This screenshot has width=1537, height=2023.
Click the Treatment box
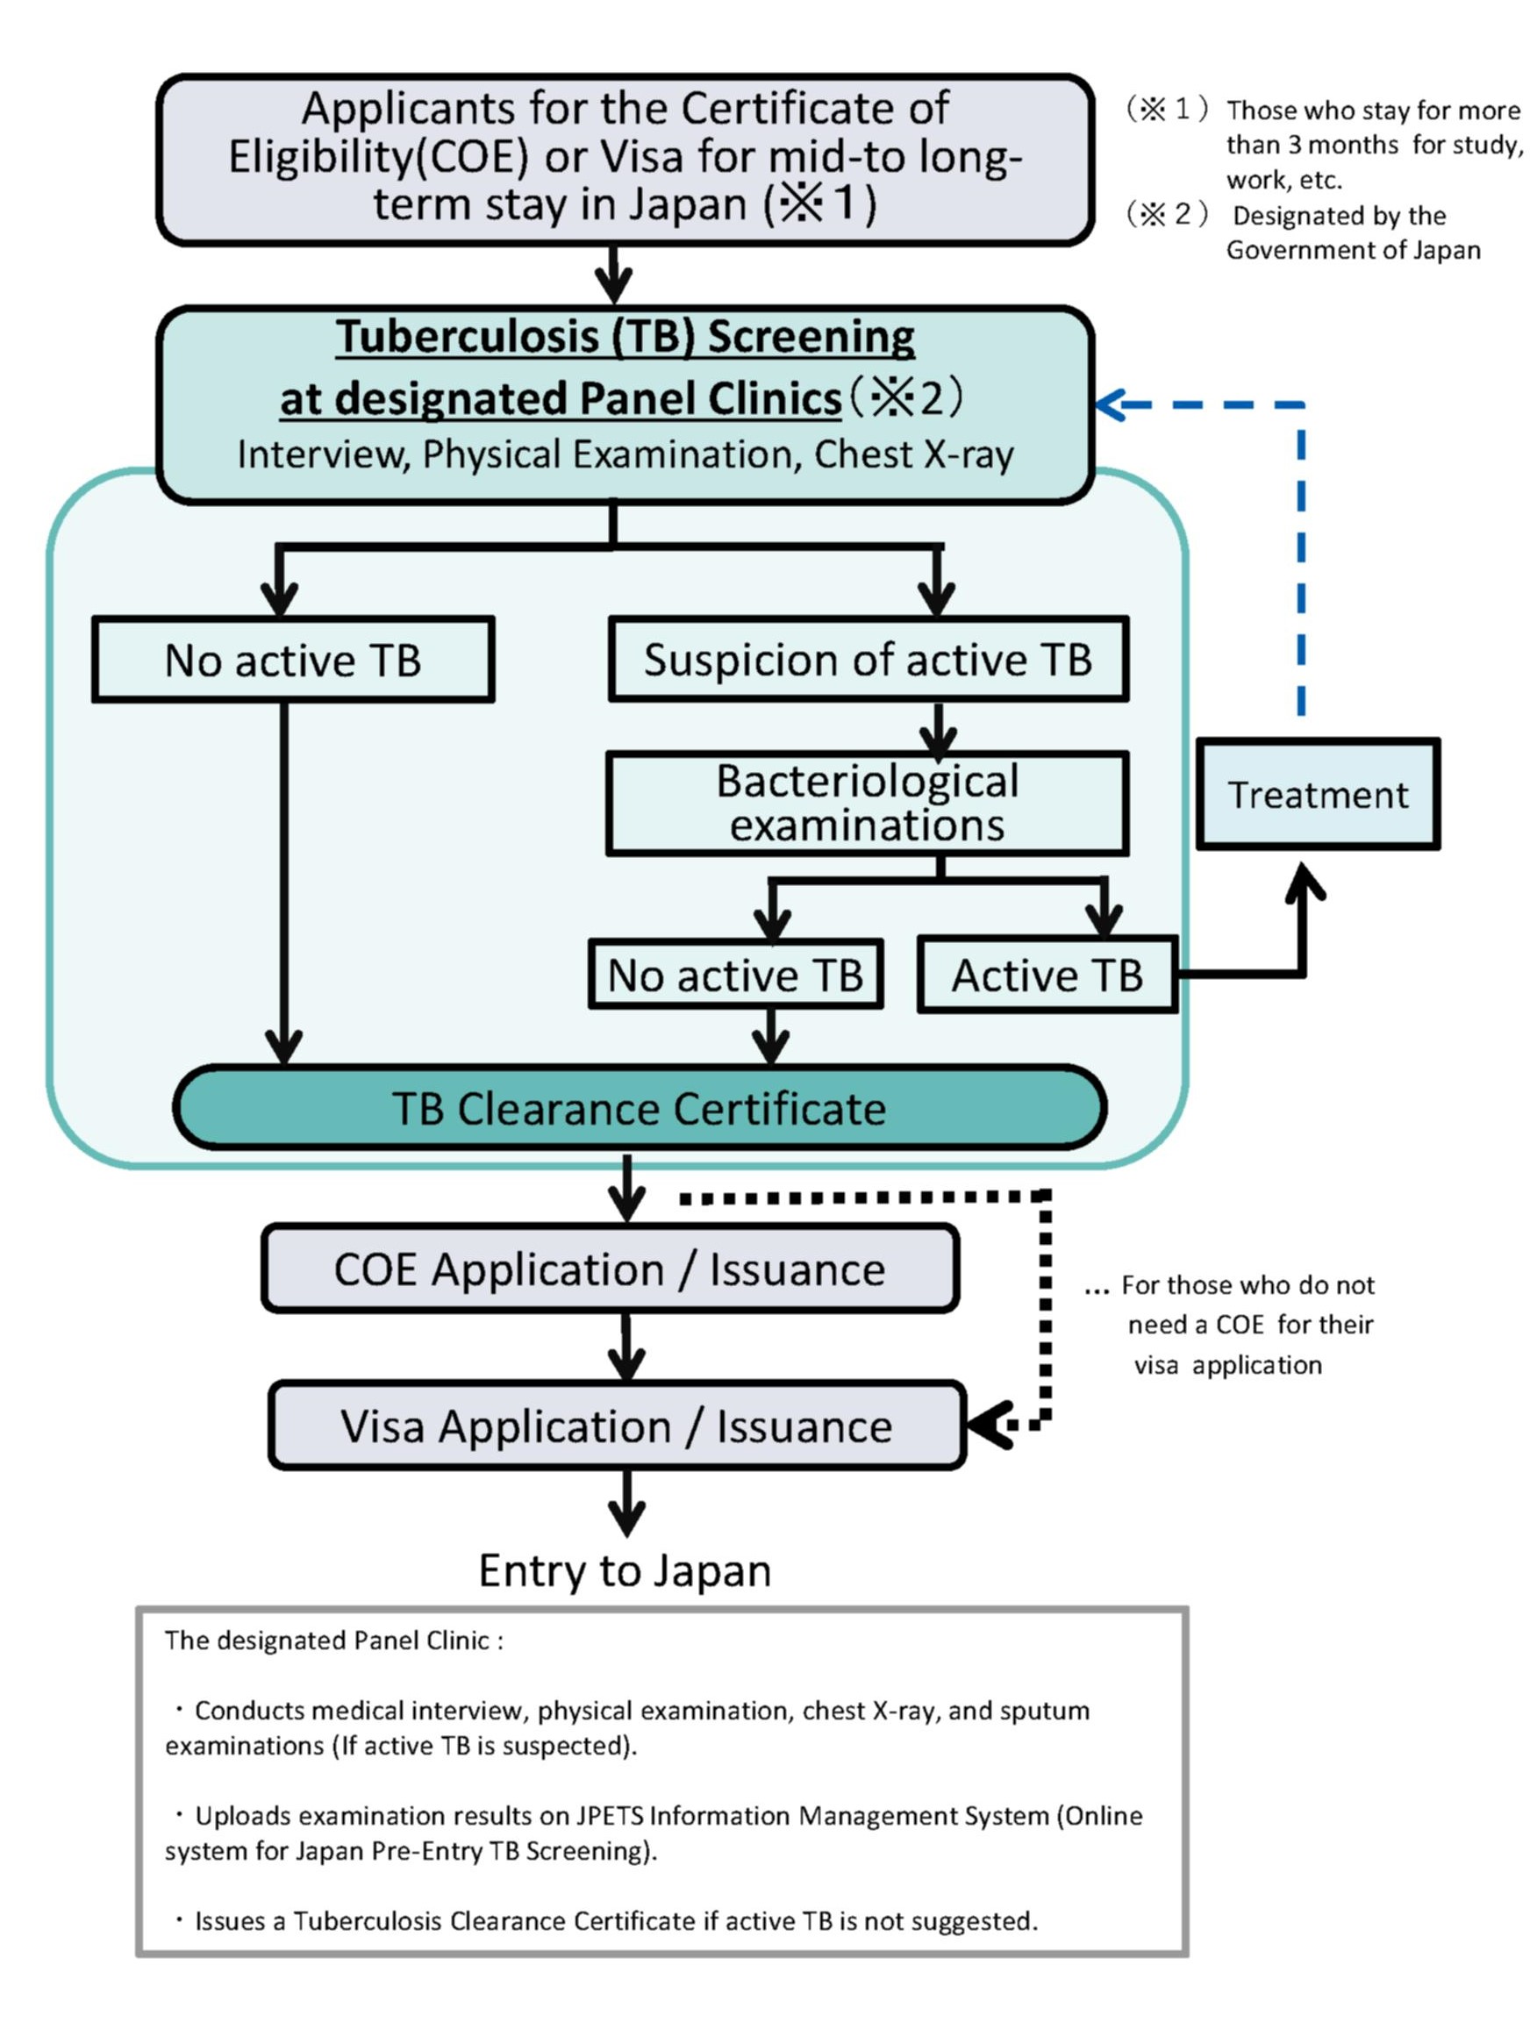1318,794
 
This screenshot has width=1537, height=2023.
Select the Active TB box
1047,975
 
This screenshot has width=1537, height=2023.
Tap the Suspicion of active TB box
868,660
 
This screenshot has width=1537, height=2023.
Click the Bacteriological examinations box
867,804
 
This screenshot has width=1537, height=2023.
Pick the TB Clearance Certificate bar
640,1107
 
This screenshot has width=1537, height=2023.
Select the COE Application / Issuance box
610,1269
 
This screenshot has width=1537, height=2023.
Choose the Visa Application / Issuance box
617,1426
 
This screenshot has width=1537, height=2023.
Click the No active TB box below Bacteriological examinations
735,975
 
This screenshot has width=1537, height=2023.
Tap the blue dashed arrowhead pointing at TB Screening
1110,404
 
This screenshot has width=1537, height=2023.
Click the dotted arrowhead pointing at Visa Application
988,1425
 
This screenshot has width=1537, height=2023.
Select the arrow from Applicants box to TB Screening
613,275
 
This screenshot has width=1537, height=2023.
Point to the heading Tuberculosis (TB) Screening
625,337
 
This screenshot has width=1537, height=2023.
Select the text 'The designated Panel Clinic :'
334,1641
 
